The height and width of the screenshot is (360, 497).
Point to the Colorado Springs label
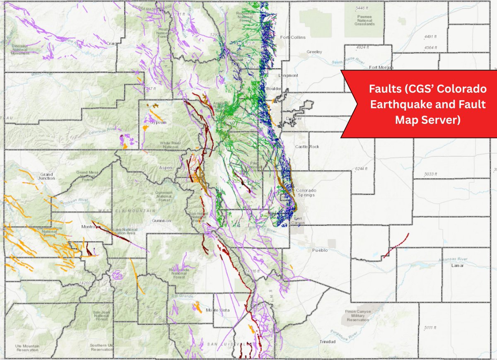click(x=307, y=193)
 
